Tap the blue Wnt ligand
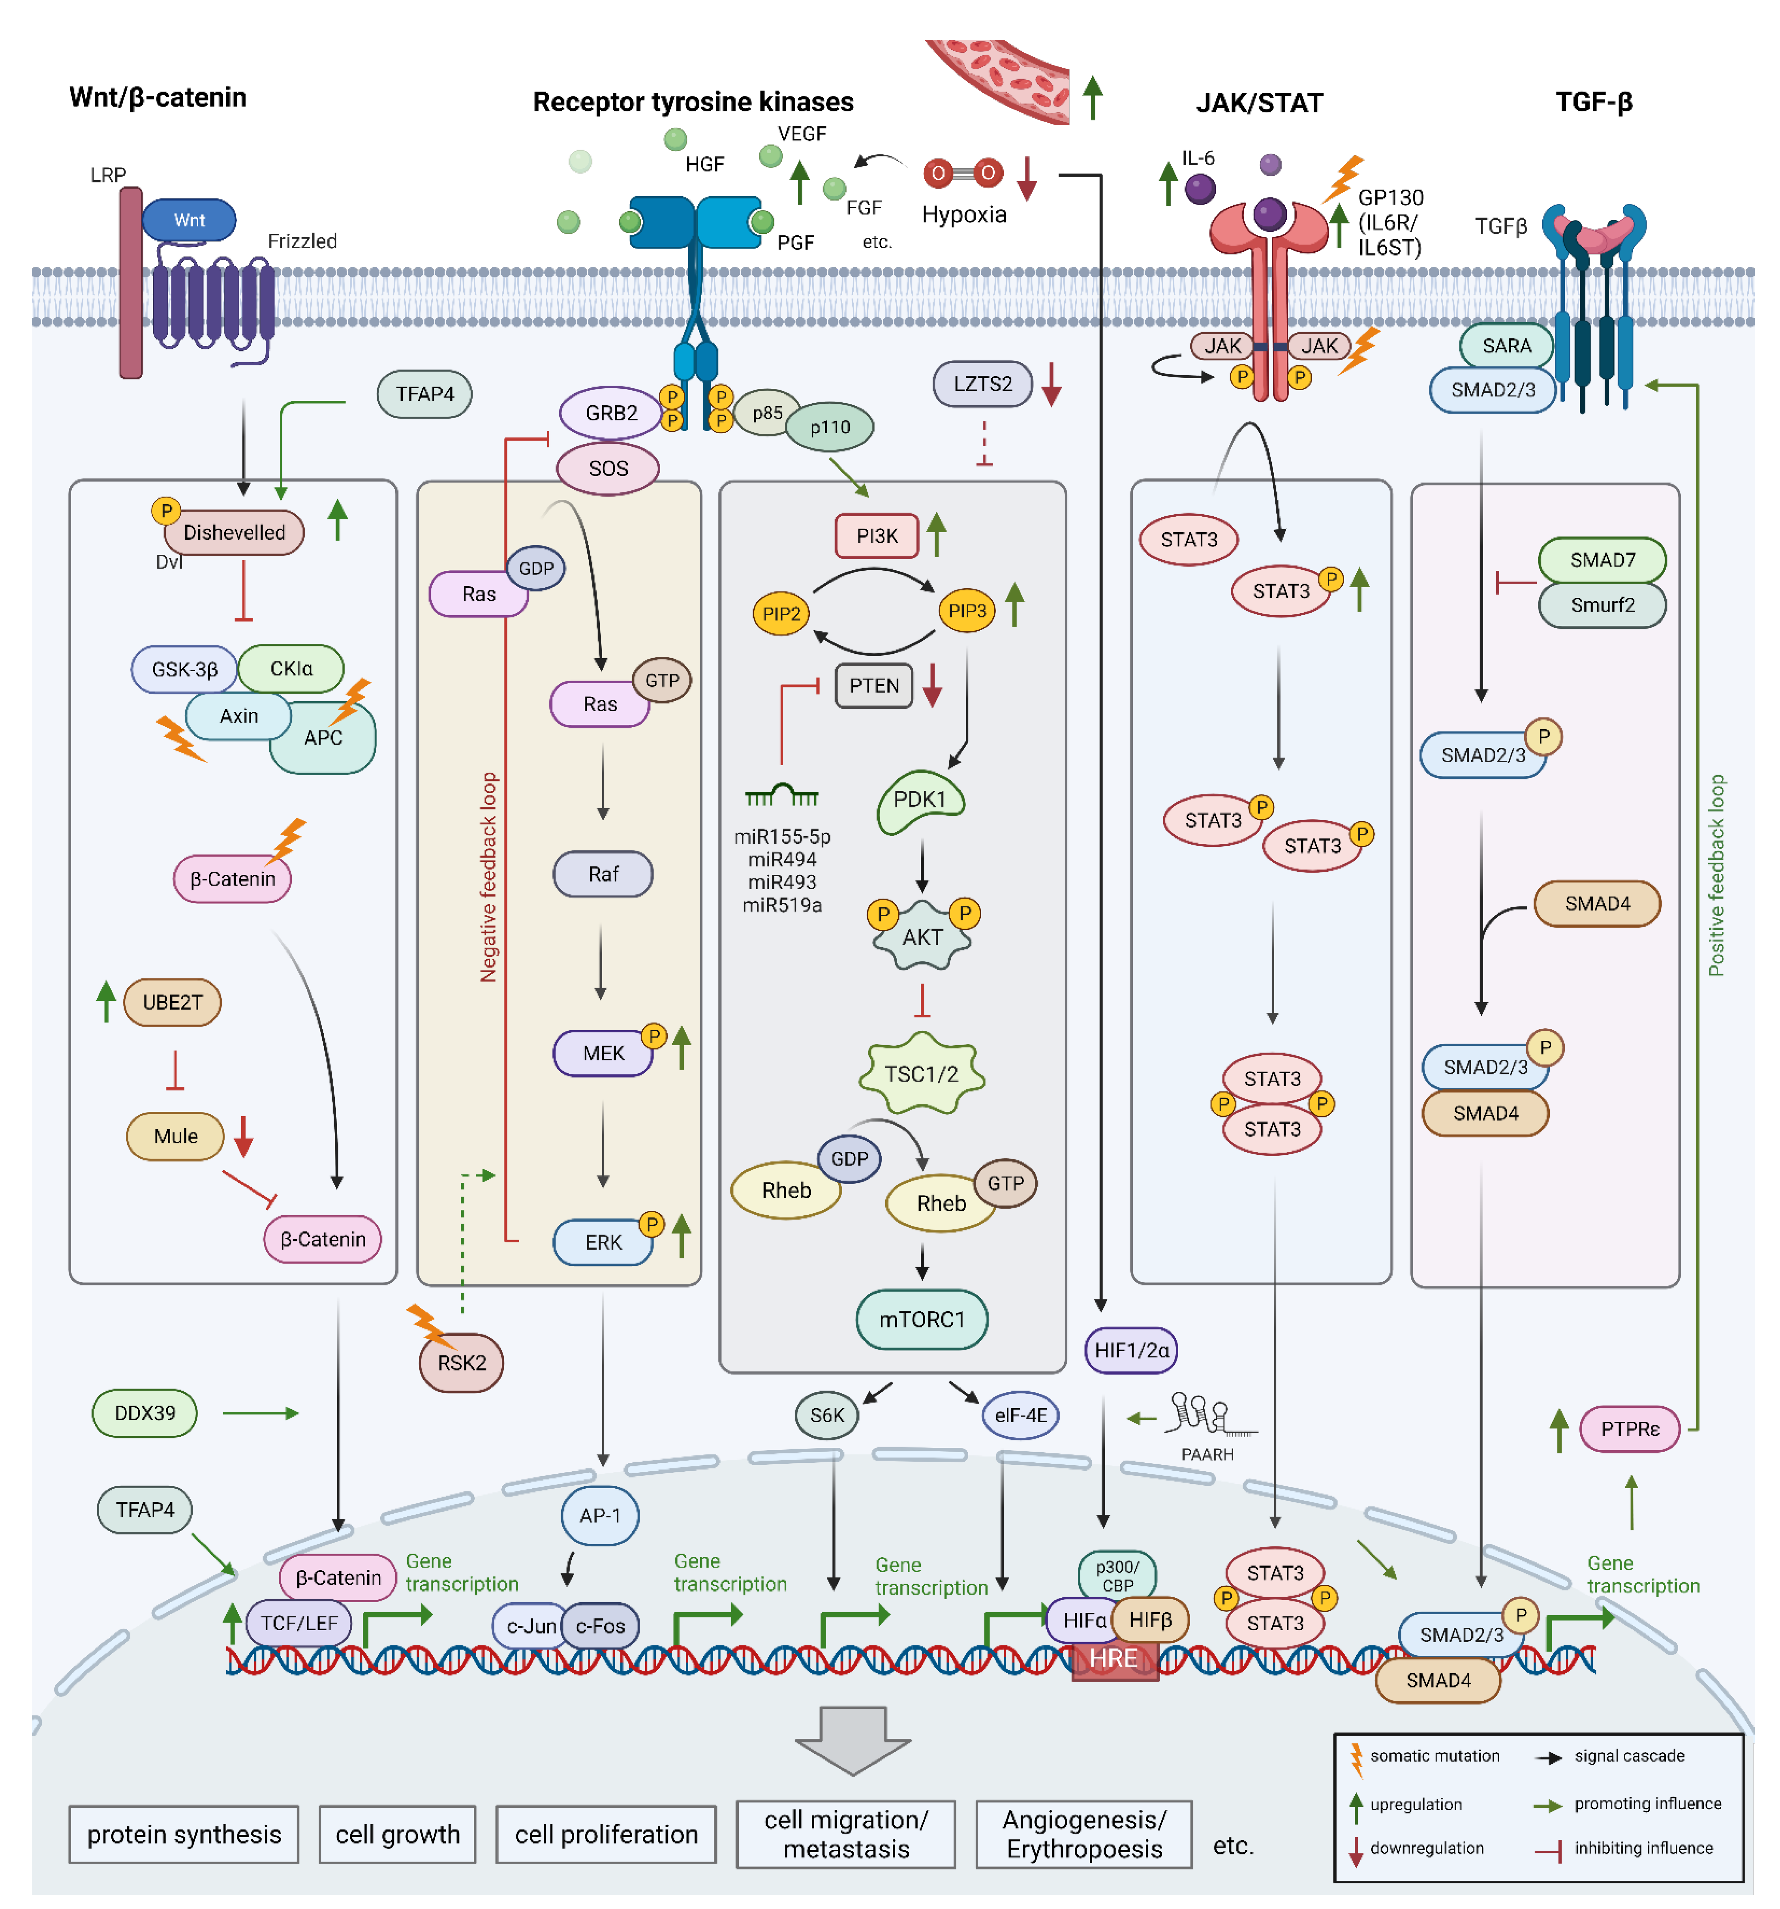pos(189,220)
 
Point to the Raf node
pos(603,874)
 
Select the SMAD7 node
pos(1602,560)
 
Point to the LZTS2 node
pos(982,384)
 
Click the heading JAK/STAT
pos(1259,103)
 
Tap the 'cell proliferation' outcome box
pos(606,1834)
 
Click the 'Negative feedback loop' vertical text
pos(489,877)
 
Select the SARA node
pos(1506,346)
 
